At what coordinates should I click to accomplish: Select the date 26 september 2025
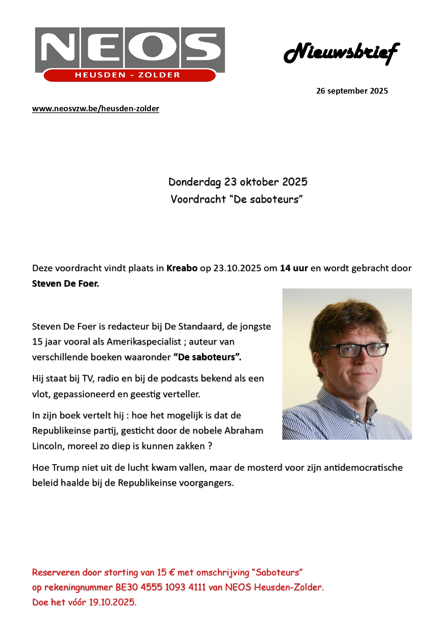tap(352, 91)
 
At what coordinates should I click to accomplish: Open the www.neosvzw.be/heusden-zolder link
tap(95, 109)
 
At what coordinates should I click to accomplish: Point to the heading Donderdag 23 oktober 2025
tap(238, 182)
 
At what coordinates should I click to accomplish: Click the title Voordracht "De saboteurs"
tap(237, 199)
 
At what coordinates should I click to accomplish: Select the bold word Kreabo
tap(182, 268)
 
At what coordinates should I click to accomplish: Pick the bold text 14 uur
tap(294, 268)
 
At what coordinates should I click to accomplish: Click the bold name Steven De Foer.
tap(65, 284)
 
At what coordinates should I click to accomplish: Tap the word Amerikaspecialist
tap(144, 342)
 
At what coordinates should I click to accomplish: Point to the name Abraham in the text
tap(243, 431)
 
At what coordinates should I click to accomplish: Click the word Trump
tap(66, 468)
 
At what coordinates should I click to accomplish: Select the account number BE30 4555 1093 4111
tap(161, 587)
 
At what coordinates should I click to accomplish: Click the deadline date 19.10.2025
tap(112, 602)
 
